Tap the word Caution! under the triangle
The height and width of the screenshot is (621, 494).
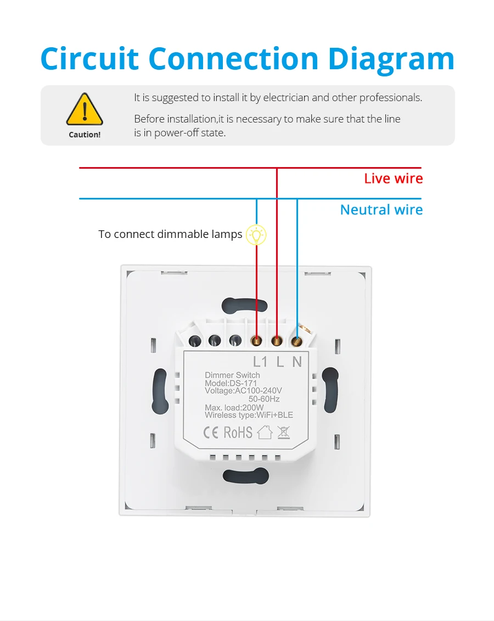coord(85,135)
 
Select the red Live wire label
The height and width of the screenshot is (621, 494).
coord(393,179)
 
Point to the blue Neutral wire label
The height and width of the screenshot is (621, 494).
coord(381,210)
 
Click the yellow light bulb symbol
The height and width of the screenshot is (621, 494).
coord(256,235)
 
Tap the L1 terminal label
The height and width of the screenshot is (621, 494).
coord(260,362)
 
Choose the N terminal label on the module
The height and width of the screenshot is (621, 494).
coord(297,362)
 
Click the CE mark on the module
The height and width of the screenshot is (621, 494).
coord(211,433)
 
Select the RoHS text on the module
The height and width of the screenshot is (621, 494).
coord(238,433)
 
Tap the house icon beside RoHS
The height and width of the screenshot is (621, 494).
coord(265,433)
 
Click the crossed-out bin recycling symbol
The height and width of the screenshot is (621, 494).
coord(283,432)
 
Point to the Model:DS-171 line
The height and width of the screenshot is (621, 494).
coord(231,383)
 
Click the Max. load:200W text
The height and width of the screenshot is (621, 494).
coord(234,407)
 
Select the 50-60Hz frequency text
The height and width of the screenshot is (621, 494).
coord(264,399)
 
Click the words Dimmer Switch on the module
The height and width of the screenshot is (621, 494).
coord(232,375)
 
